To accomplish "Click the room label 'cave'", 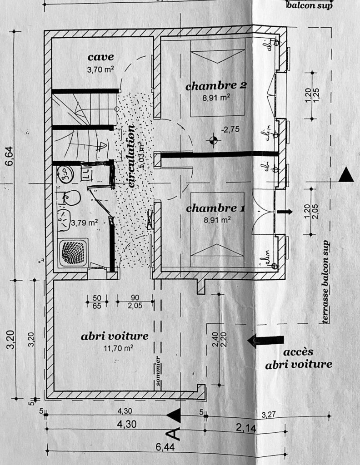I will (x=100, y=57).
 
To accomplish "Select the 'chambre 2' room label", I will (x=216, y=85).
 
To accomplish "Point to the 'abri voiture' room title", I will (x=115, y=336).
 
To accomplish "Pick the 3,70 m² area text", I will (x=100, y=70).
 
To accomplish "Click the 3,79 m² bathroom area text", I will (x=85, y=223).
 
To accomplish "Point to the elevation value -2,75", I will (x=230, y=129).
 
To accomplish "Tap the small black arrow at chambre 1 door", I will (x=285, y=212).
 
